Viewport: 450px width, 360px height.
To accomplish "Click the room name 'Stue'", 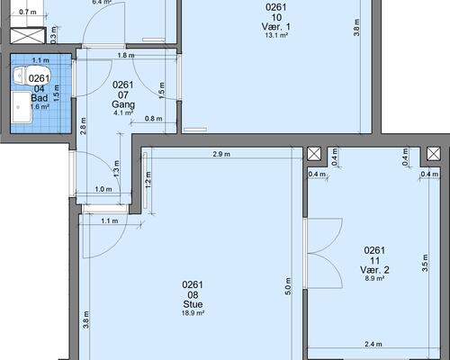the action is (x=193, y=304).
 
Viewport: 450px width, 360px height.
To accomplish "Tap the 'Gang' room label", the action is (x=123, y=104).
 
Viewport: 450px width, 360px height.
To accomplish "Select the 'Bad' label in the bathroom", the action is (x=40, y=98).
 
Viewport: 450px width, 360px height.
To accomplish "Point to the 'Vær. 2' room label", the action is (x=374, y=269).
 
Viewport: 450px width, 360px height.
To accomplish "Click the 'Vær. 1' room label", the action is (x=276, y=26).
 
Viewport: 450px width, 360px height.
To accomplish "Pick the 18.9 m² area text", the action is (x=193, y=313).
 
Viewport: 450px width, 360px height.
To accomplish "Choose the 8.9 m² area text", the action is (x=374, y=278).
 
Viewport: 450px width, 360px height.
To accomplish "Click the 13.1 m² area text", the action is (x=276, y=35).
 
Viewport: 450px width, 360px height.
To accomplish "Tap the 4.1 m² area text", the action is (x=123, y=112).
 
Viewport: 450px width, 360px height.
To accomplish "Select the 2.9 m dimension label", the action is (x=221, y=154).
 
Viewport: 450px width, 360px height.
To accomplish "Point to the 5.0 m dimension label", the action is (x=288, y=286).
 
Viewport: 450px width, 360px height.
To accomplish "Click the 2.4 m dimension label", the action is (x=373, y=344).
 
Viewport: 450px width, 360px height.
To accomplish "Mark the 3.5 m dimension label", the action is (x=425, y=263).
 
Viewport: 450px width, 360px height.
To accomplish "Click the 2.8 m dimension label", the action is (x=83, y=126).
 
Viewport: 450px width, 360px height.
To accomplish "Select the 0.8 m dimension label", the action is (x=154, y=119).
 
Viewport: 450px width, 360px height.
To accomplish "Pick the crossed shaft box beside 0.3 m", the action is (x=28, y=36).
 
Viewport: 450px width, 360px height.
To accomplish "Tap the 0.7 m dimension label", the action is (x=28, y=12).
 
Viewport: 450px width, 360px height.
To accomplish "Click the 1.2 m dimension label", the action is (x=148, y=180).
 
